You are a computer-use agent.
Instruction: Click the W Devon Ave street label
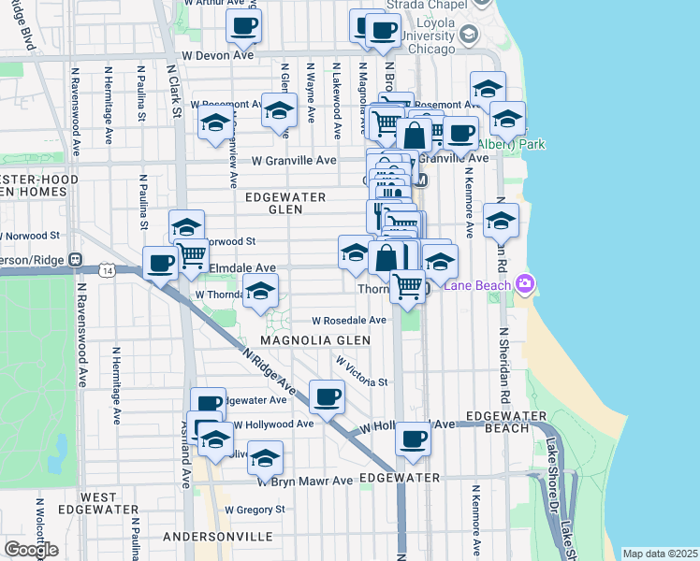[217, 56]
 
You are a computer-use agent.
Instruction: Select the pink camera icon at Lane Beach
[525, 283]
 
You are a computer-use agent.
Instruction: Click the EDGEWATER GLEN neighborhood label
[285, 204]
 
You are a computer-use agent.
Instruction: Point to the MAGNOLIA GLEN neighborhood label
[298, 340]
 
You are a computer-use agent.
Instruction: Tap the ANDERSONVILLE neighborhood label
[217, 538]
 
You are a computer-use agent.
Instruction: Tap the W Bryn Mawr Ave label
[305, 481]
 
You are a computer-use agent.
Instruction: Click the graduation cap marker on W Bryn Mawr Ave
[266, 458]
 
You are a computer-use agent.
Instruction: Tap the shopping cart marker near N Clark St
[191, 254]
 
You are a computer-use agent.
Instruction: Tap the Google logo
[30, 550]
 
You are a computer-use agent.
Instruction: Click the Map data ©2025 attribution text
[660, 554]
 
